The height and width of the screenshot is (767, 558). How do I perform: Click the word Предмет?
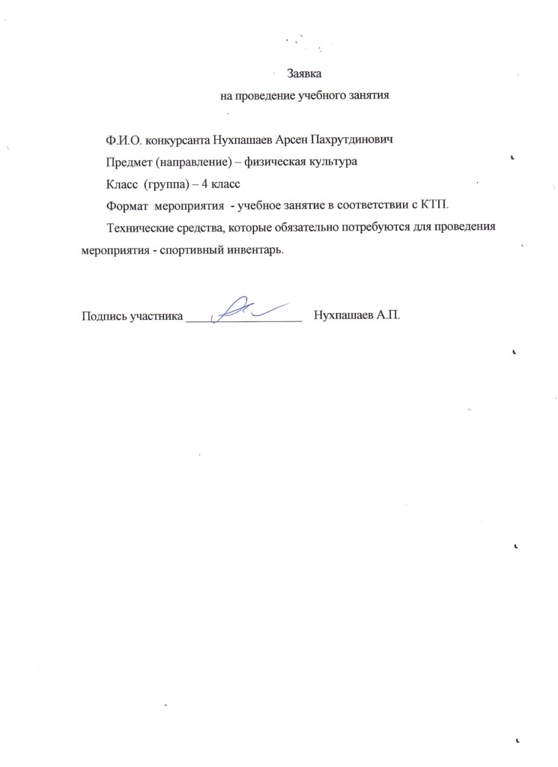point(130,162)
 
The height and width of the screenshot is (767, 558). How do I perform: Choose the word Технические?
point(142,227)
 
